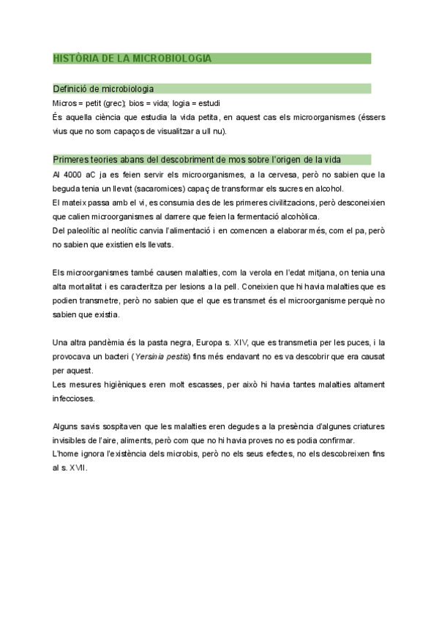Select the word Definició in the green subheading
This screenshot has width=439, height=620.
point(71,88)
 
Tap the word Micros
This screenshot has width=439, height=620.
point(65,102)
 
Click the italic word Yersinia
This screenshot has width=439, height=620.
point(151,356)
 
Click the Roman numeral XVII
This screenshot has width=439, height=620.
point(75,467)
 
